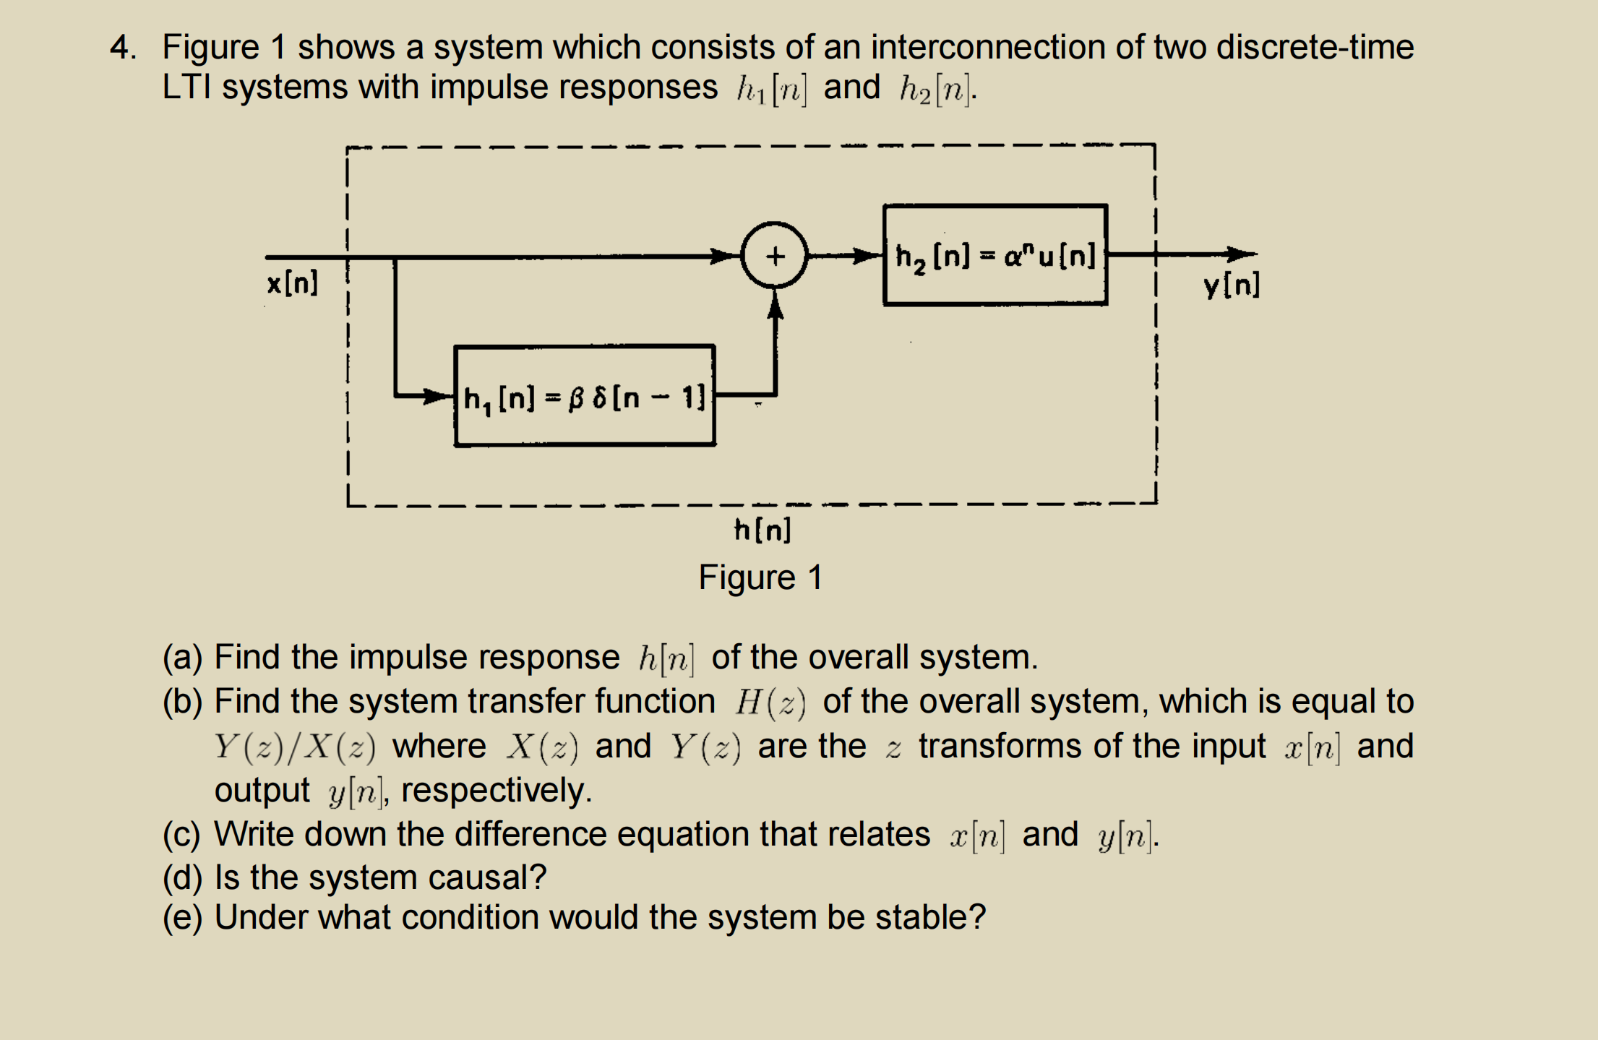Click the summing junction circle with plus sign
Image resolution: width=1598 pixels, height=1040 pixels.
click(774, 255)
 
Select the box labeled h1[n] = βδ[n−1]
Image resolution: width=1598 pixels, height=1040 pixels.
click(584, 396)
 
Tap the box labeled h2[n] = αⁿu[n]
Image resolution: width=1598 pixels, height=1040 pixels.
click(995, 255)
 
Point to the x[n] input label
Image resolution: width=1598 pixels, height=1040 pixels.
click(292, 283)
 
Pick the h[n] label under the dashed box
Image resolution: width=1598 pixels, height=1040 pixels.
click(763, 530)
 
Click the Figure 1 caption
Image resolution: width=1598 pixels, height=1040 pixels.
click(760, 577)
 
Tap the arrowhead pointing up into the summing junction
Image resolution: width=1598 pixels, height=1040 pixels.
click(775, 306)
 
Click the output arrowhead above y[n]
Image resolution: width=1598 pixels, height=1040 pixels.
click(1242, 254)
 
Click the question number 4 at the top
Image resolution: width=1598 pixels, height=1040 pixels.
click(123, 48)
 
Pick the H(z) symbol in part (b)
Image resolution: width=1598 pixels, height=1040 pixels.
click(770, 702)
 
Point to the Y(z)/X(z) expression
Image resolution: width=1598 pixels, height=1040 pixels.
click(295, 747)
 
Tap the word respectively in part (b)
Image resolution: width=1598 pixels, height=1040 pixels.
click(496, 790)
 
